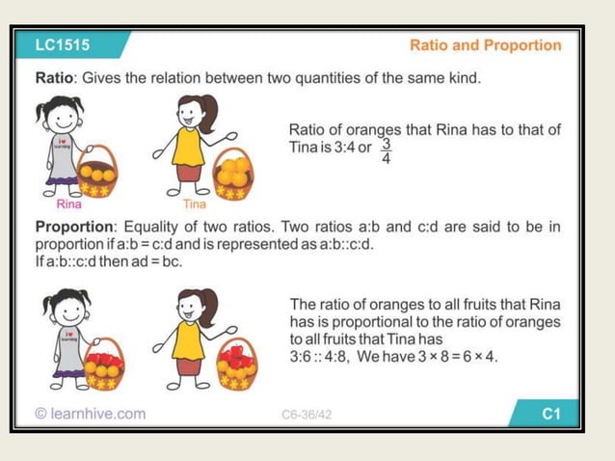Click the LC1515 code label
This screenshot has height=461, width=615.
61,44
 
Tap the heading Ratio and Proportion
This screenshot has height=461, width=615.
485,45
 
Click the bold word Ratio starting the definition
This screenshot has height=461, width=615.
57,78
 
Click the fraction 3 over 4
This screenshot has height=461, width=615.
387,150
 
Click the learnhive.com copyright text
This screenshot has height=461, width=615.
90,414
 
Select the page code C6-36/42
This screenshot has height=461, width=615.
307,415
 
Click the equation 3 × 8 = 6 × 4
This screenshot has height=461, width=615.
457,357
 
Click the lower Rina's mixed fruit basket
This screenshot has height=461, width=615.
104,366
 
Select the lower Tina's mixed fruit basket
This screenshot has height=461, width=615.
235,365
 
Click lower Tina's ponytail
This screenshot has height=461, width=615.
209,300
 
